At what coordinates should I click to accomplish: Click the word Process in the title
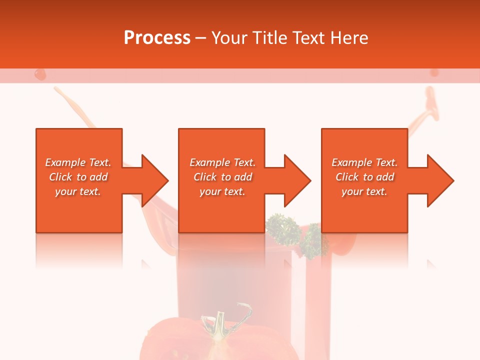click(157, 38)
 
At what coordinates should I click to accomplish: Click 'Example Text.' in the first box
click(78, 162)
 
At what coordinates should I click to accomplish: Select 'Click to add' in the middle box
click(222, 177)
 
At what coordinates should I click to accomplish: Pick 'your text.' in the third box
click(364, 191)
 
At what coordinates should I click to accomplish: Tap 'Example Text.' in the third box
click(364, 162)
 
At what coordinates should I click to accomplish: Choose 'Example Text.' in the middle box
click(222, 162)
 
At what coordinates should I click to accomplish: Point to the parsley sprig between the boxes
click(281, 227)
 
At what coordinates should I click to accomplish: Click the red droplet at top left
click(39, 74)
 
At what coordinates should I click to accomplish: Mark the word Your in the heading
click(229, 38)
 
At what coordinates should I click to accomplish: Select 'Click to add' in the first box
click(78, 177)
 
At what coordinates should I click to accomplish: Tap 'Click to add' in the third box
click(364, 177)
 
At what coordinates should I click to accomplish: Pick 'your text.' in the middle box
click(222, 191)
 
